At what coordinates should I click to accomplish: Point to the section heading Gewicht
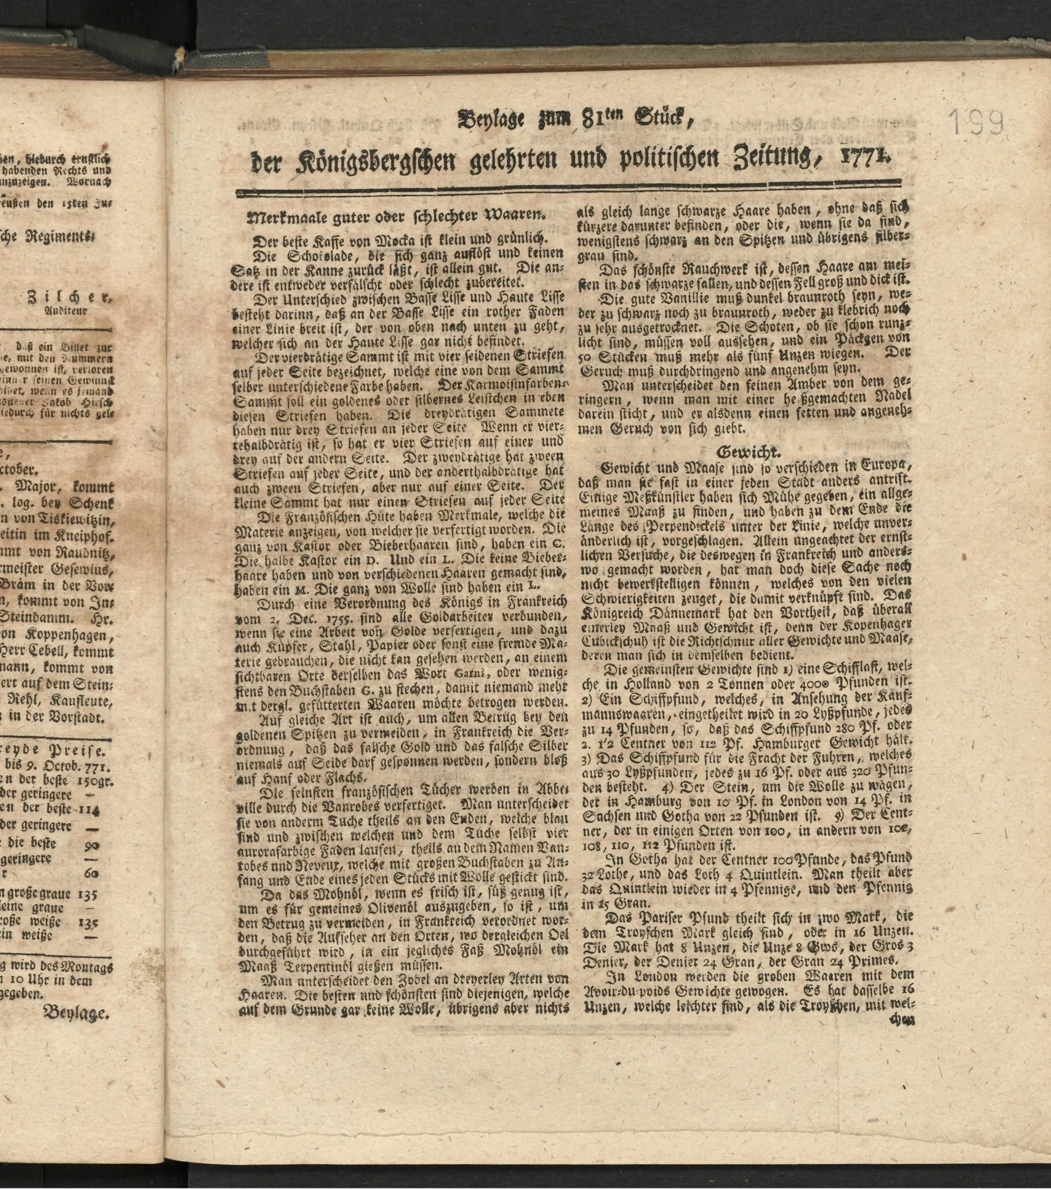point(740,451)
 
